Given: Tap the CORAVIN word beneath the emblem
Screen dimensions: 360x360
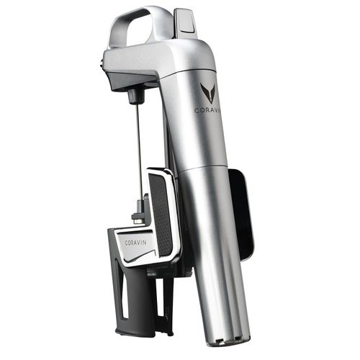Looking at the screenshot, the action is [207, 110].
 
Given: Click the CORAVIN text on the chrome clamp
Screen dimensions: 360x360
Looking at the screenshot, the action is [135, 243].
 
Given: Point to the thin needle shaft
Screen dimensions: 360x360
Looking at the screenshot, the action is [139, 151].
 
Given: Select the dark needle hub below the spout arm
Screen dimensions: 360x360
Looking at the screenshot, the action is [133, 96].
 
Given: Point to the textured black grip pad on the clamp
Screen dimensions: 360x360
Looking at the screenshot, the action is [161, 214].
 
